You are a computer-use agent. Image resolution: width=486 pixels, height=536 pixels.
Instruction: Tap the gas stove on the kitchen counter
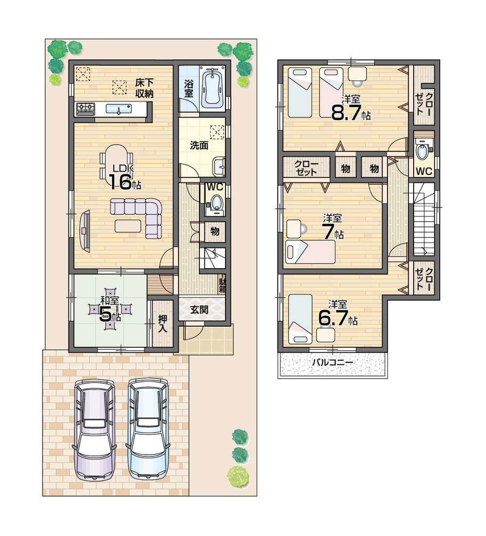[x=86, y=109]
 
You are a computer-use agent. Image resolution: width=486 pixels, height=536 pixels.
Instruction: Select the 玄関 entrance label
[x=199, y=310]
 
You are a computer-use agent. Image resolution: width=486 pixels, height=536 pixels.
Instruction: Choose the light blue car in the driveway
[x=147, y=428]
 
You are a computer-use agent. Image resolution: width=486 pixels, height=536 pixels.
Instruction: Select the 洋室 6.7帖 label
[x=337, y=314]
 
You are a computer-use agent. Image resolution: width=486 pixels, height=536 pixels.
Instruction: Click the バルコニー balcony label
[x=332, y=363]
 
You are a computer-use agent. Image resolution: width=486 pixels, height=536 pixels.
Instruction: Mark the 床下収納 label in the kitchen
[x=144, y=88]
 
